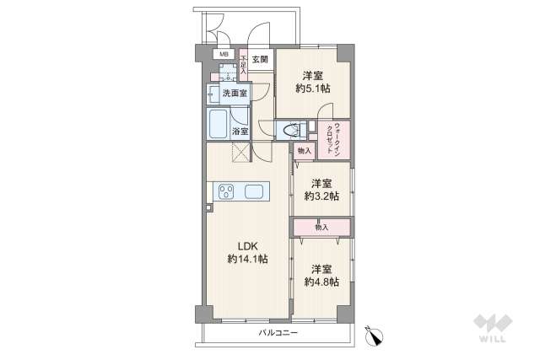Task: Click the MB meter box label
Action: pos(224,55)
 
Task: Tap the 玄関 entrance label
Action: pos(260,59)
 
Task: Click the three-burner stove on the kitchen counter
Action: pos(226,191)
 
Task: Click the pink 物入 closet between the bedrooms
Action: pos(321,228)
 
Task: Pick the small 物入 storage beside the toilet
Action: pos(304,151)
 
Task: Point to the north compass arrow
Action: pos(372,334)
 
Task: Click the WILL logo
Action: pos(495,326)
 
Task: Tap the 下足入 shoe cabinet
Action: pos(243,65)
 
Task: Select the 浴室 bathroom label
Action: pos(240,131)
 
